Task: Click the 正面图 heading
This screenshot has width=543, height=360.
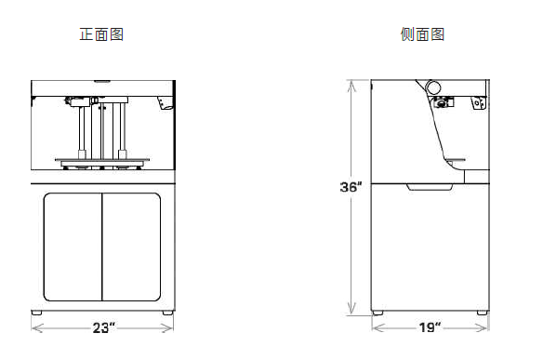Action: (101, 34)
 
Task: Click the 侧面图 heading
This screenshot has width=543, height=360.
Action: (422, 34)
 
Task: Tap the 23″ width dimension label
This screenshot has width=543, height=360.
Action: (103, 327)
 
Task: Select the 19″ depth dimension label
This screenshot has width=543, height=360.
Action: (430, 327)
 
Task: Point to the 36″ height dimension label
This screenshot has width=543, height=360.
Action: (351, 187)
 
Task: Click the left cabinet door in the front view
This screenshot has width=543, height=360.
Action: (73, 247)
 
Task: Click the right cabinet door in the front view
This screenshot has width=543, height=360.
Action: (131, 247)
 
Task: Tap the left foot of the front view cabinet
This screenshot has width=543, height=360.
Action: (36, 313)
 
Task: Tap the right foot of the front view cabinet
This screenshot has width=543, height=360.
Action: (167, 313)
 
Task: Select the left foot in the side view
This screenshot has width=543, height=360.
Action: (377, 313)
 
